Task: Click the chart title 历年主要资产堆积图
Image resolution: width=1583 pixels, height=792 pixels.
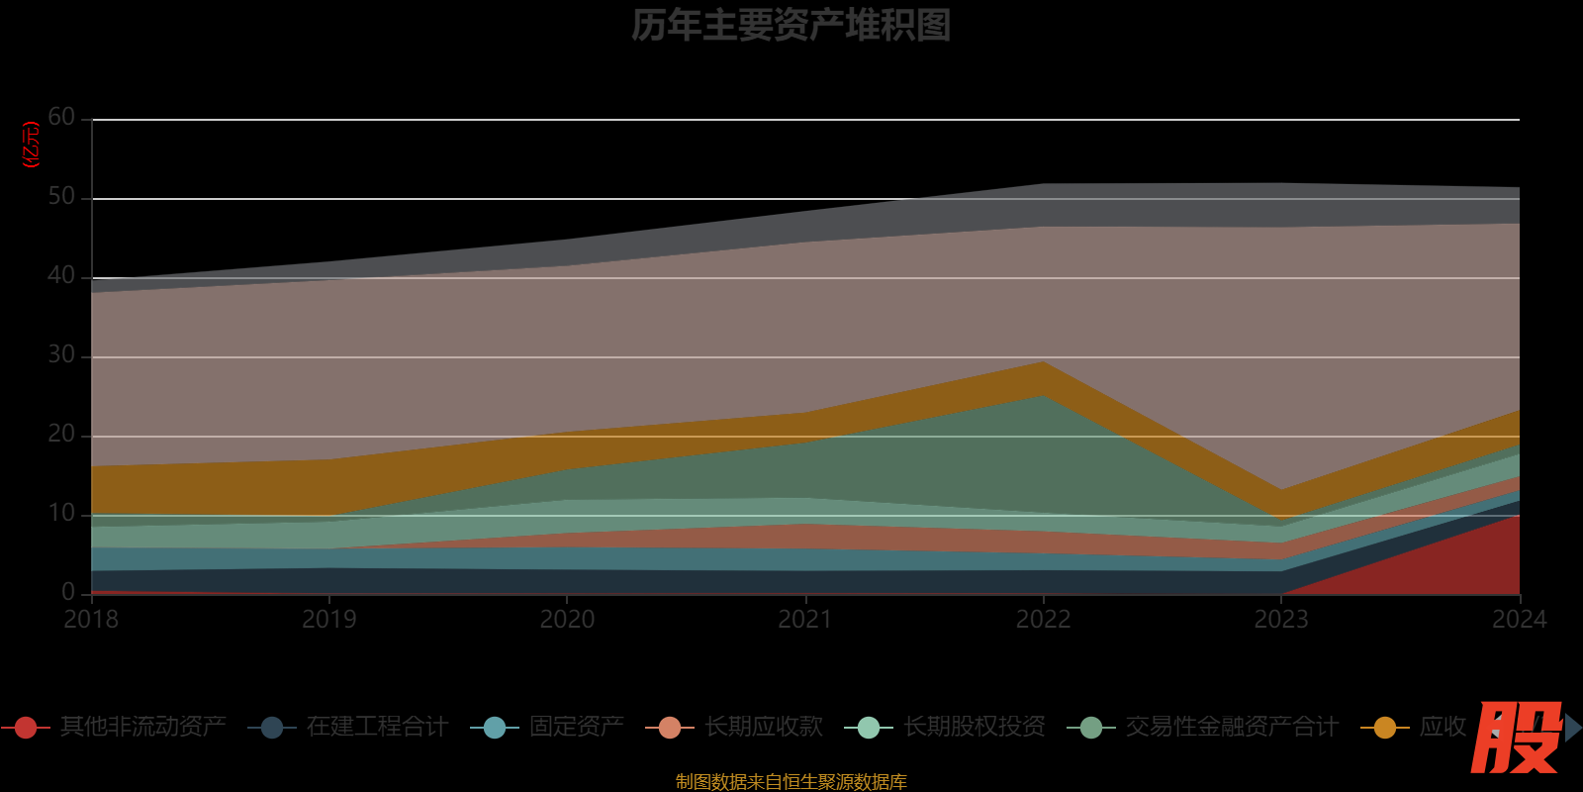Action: pos(791,26)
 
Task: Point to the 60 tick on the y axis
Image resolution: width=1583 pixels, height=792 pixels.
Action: pos(61,118)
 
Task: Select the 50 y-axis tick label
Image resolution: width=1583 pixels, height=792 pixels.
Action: pos(61,197)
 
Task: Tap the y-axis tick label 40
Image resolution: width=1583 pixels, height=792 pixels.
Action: pos(61,276)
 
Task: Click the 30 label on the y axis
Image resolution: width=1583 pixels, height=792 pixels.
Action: pos(61,355)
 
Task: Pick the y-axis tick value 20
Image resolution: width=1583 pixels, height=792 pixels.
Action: pos(61,435)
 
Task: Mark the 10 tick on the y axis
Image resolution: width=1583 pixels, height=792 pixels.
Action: pos(61,514)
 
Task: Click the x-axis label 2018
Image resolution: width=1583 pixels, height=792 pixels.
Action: pos(91,620)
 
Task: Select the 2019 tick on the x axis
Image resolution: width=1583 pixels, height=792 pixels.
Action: pos(329,620)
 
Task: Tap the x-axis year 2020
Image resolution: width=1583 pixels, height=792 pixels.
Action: pos(567,620)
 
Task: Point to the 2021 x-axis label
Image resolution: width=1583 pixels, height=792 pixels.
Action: pos(805,620)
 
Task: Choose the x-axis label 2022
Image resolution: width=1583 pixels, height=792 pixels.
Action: pos(1043,620)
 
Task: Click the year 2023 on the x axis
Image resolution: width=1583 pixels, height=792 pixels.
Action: pos(1281,620)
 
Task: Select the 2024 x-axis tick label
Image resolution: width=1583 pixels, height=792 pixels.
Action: pos(1519,620)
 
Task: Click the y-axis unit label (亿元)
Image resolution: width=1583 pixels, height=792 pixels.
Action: pos(32,145)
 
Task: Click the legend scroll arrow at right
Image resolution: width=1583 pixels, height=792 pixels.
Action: pos(1572,728)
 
